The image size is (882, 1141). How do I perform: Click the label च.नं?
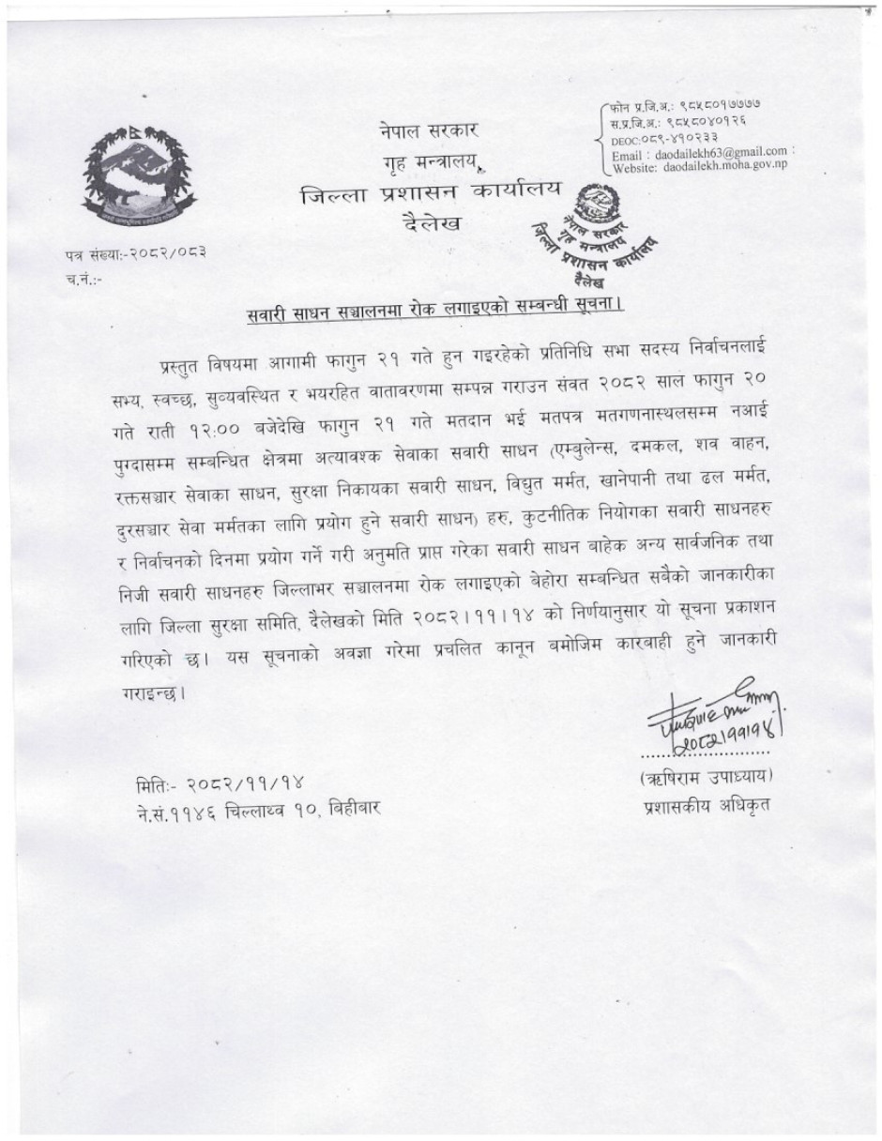click(x=84, y=278)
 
